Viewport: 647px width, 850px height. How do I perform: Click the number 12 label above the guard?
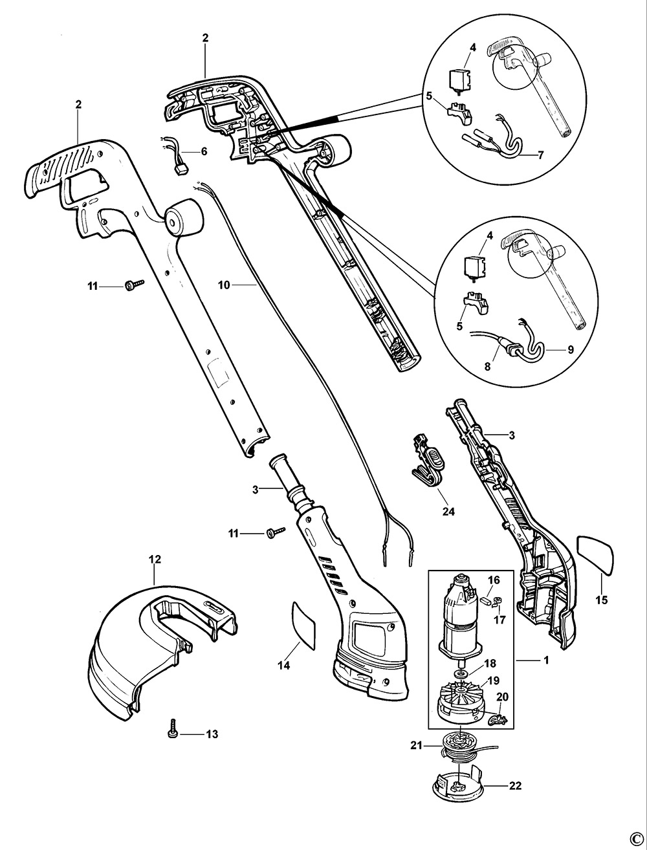pos(155,559)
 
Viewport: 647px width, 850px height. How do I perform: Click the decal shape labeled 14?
pos(303,625)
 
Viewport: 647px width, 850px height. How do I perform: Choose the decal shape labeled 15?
pos(595,554)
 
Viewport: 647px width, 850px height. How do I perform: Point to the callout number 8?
pos(487,365)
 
